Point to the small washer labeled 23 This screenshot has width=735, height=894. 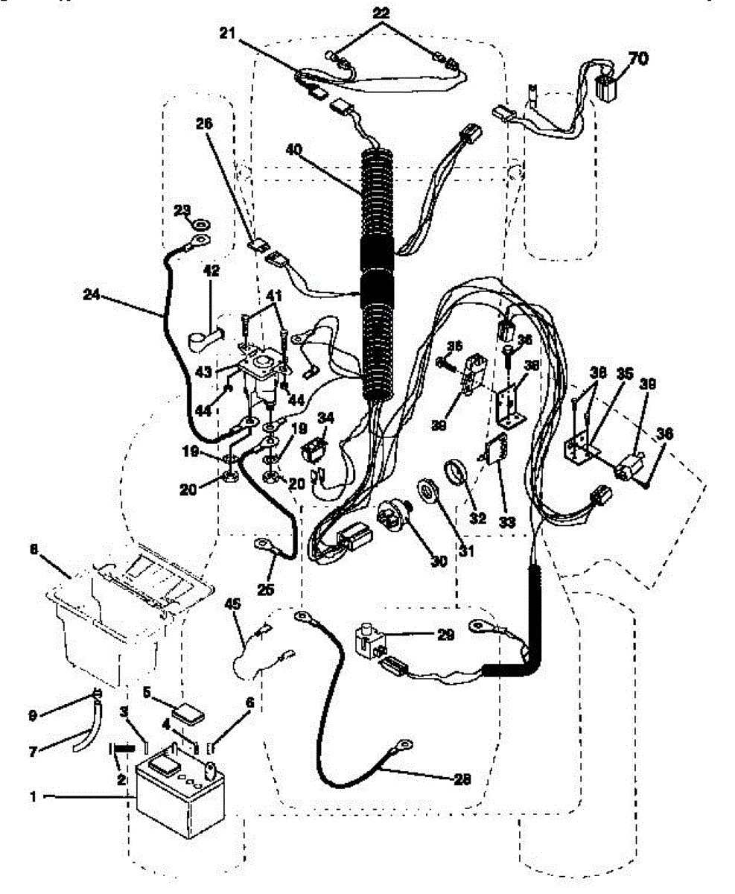click(200, 223)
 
